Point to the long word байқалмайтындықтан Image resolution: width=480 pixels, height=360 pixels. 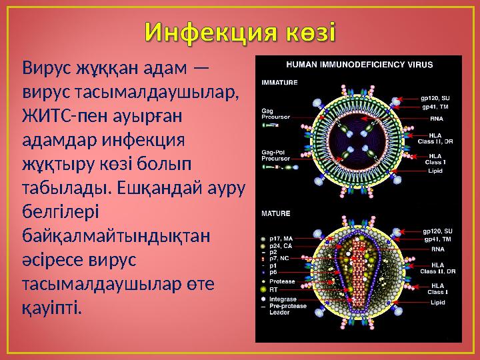pos(115,236)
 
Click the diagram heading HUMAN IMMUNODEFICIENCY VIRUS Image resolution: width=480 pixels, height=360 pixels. pos(359,65)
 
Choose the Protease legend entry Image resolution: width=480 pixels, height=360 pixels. pos(281,281)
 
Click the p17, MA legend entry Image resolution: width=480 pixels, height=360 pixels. pos(281,237)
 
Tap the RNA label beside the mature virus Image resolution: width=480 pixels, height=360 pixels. pos(437,248)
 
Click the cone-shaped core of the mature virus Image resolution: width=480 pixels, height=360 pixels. pos(361,273)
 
